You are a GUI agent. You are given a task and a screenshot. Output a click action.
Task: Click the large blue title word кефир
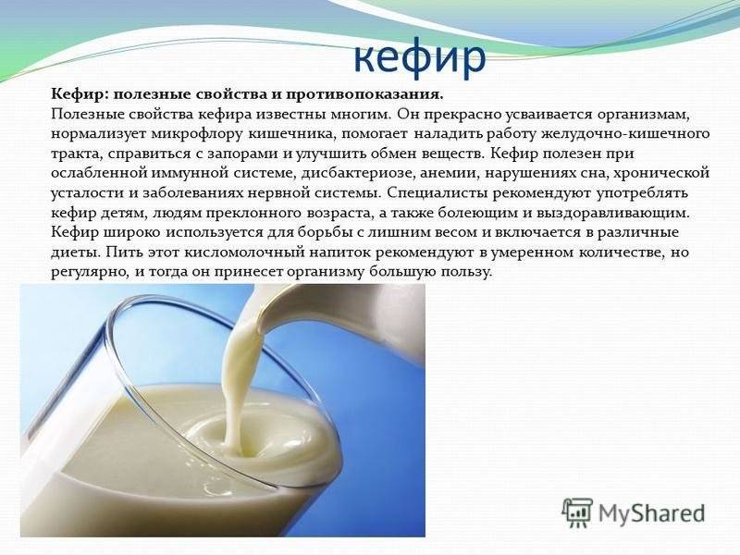[x=420, y=58]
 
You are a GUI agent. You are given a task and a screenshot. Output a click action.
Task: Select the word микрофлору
[x=197, y=134]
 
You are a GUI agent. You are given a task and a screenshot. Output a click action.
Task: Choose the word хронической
[x=662, y=174]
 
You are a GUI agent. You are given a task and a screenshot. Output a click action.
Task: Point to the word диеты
[x=75, y=253]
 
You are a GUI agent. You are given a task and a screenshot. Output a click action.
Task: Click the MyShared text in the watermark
[x=652, y=512]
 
